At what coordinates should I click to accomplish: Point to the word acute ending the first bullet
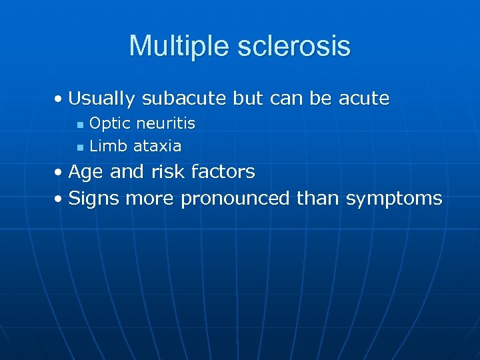[364, 99]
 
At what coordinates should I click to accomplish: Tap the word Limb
[108, 145]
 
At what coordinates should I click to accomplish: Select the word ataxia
[157, 145]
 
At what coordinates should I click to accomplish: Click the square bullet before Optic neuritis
[80, 125]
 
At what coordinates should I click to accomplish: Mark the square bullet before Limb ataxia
[80, 147]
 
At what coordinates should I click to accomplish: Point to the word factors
[223, 172]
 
